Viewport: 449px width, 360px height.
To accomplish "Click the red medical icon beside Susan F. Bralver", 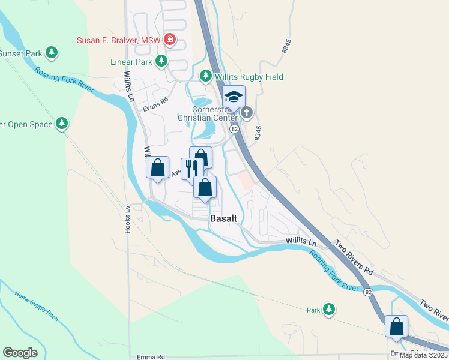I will (x=170, y=40).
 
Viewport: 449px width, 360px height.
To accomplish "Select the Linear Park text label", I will (x=130, y=61).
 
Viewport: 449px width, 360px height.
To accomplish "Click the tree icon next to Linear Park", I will (x=161, y=61).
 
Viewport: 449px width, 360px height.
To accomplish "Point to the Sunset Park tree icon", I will (x=52, y=53).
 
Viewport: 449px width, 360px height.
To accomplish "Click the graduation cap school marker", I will (x=234, y=97).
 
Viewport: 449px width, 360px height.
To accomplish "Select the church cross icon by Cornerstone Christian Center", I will (x=246, y=112).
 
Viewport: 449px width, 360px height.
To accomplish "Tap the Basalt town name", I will (x=224, y=219).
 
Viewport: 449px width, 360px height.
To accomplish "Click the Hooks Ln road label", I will (x=127, y=221).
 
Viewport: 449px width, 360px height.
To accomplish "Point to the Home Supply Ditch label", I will (x=36, y=306).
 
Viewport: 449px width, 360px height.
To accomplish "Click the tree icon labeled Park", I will (x=328, y=310).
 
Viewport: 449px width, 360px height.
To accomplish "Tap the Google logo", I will (x=20, y=353).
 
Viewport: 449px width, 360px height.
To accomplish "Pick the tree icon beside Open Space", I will (x=61, y=124).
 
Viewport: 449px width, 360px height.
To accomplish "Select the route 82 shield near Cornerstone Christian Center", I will (x=234, y=129).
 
